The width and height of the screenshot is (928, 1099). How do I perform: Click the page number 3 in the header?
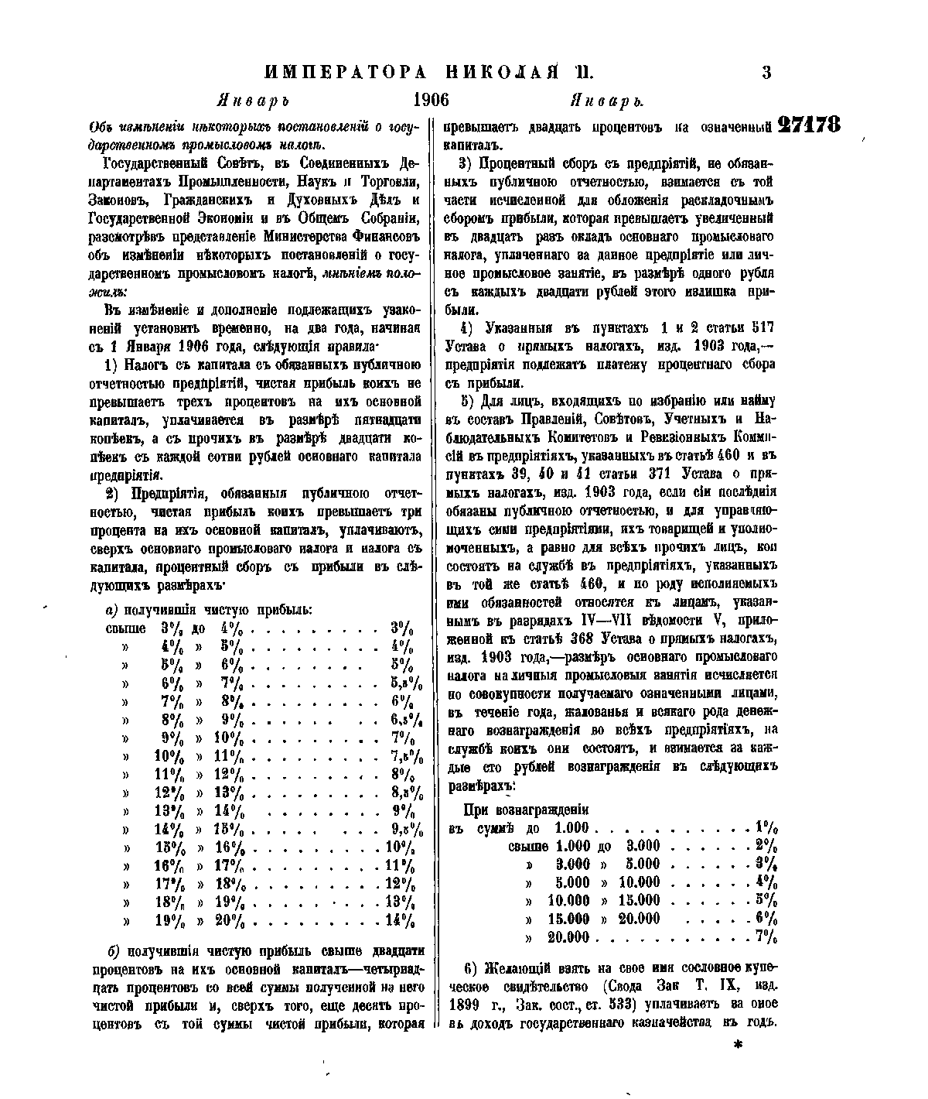[766, 73]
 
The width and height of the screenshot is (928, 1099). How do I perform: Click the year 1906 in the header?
[432, 101]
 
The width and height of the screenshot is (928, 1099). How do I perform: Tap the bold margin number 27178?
[809, 125]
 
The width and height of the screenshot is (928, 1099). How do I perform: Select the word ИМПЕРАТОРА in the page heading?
[345, 73]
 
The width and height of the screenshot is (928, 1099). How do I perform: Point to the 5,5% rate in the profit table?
[406, 683]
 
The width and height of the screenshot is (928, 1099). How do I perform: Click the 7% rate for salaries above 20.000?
[767, 937]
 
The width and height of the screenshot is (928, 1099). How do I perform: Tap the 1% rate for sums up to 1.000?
[767, 827]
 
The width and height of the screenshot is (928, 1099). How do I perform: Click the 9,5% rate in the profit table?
[406, 828]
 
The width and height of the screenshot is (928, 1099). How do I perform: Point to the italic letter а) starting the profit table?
[111, 610]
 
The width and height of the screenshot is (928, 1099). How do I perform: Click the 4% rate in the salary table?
[767, 882]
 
